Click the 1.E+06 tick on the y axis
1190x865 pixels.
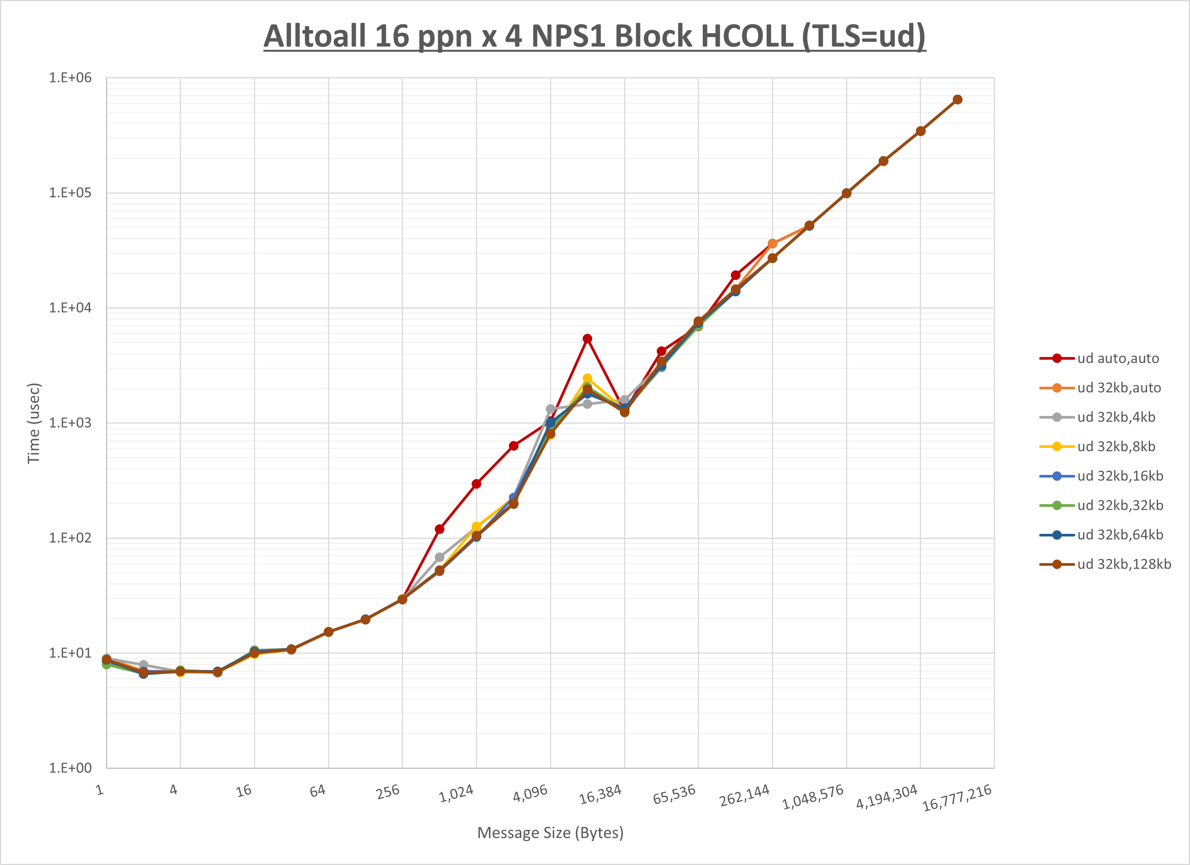[70, 78]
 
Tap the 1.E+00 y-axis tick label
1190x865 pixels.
[70, 768]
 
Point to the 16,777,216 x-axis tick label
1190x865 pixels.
[957, 798]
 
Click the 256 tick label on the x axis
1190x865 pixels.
[388, 792]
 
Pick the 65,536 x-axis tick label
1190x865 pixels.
[674, 795]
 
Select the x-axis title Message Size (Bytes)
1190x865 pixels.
[550, 833]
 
